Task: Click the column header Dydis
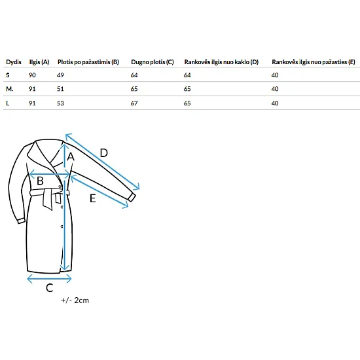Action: tap(14, 62)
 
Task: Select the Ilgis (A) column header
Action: tap(39, 62)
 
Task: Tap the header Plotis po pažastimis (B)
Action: tap(88, 62)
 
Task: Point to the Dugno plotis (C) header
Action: tap(153, 62)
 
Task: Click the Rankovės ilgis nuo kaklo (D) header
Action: tap(221, 62)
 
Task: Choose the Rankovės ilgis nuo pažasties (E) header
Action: tap(314, 62)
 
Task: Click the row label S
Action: tap(8, 75)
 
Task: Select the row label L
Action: tap(8, 103)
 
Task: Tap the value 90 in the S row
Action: tap(32, 75)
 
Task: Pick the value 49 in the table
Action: tap(60, 75)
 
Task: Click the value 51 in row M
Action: tap(60, 89)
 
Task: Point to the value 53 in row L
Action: tap(60, 103)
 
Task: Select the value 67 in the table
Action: tap(134, 103)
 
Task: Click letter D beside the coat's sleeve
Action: tap(104, 153)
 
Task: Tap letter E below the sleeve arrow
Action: tap(92, 198)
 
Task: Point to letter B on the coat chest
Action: tap(40, 181)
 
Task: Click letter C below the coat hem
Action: tap(50, 288)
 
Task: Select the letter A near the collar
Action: tap(71, 157)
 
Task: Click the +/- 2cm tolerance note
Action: tap(75, 300)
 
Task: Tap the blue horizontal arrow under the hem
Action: tap(49, 279)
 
